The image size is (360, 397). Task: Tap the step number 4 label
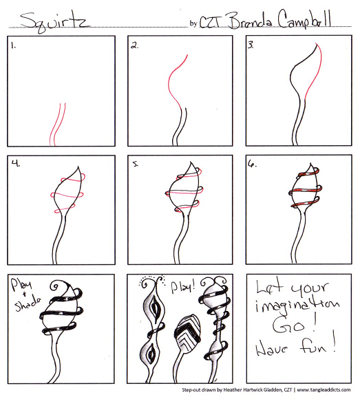coord(13,164)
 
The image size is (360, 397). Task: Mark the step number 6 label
coord(252,165)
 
